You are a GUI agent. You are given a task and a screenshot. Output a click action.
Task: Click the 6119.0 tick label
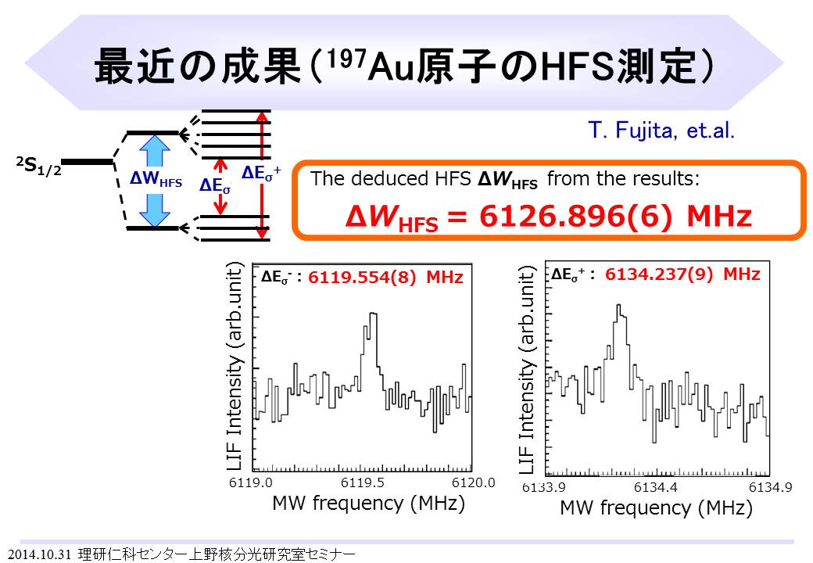coord(250,482)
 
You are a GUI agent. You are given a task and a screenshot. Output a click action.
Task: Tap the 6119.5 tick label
coord(363,482)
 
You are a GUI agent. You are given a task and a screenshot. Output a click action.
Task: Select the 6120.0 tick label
coord(474,482)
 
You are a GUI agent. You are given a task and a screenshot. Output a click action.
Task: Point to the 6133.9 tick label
coord(543,487)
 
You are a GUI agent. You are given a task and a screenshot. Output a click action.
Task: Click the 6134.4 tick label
coord(655,487)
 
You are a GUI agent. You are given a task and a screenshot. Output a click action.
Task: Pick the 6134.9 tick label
coord(771,487)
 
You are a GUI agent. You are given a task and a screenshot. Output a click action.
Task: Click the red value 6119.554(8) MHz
coord(385,278)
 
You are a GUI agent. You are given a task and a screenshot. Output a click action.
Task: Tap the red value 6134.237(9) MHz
coord(682,274)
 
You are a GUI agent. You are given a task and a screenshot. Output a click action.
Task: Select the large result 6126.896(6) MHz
coord(615,216)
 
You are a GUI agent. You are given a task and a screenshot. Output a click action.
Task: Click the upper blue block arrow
coord(155,150)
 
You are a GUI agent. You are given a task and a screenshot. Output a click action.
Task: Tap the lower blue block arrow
coord(155,210)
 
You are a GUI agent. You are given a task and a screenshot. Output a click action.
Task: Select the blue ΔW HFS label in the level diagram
coord(156,179)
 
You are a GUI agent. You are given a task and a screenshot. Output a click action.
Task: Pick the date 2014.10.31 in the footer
coord(39,554)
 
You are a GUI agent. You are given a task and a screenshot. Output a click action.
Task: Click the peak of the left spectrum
coord(373,314)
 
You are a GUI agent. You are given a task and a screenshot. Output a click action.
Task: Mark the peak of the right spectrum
coord(618,305)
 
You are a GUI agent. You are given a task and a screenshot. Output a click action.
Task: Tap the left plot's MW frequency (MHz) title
coord(369,503)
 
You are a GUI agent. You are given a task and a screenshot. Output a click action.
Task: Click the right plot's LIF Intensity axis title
coord(527,370)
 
